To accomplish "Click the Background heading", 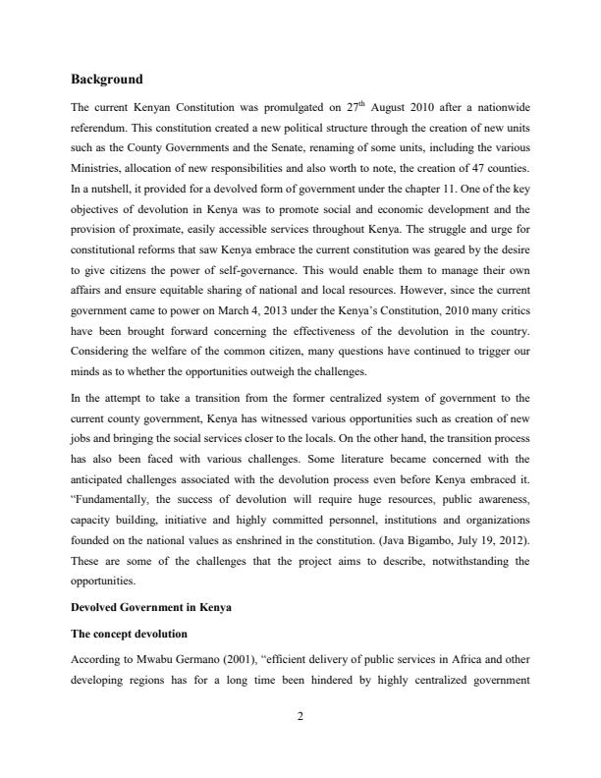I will (107, 79).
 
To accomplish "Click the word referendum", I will (101, 127).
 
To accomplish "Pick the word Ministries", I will (96, 169).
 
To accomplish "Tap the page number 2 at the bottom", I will (300, 717).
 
